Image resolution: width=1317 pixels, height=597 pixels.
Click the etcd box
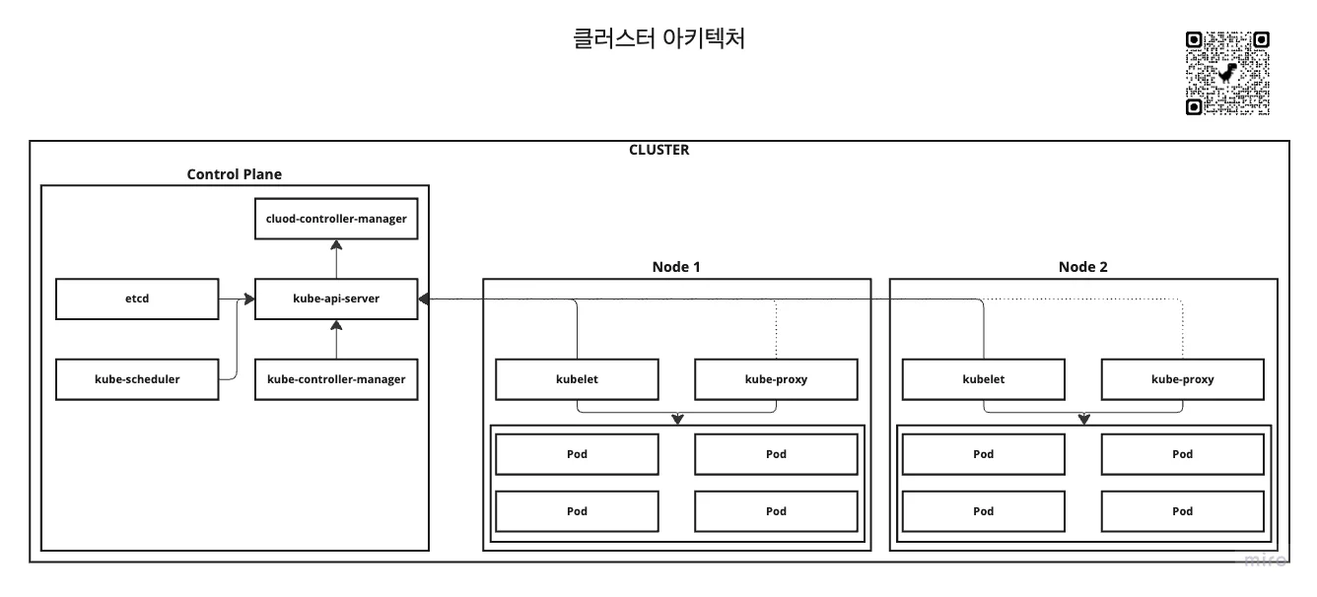(x=137, y=299)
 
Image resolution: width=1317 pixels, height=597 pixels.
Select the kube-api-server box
(x=336, y=299)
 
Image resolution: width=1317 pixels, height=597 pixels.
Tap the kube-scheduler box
(x=137, y=379)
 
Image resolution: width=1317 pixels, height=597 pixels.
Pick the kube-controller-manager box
(x=336, y=379)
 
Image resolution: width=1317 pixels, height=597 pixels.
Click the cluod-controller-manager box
(x=336, y=219)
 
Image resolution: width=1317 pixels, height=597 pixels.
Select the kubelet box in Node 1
(x=577, y=379)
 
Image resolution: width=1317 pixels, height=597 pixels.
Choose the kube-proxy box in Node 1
(x=776, y=379)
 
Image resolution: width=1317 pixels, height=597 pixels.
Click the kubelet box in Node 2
(x=983, y=379)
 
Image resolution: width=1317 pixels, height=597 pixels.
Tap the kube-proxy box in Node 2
(x=1182, y=379)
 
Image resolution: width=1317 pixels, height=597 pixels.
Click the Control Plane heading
(x=235, y=174)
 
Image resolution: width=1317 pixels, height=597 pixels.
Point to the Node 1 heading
(x=677, y=267)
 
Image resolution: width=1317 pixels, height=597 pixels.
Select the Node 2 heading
(x=1083, y=267)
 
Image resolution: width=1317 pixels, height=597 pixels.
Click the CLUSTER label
(x=658, y=151)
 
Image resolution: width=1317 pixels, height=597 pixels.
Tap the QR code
(x=1227, y=74)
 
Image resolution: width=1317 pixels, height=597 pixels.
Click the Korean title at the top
(x=658, y=39)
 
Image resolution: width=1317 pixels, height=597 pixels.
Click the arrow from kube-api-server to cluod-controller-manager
(x=336, y=258)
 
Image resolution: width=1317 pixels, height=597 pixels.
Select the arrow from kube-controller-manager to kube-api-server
(x=336, y=340)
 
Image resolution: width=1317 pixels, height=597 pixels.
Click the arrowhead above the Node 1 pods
(x=677, y=420)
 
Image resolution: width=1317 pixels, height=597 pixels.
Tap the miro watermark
(x=1265, y=561)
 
